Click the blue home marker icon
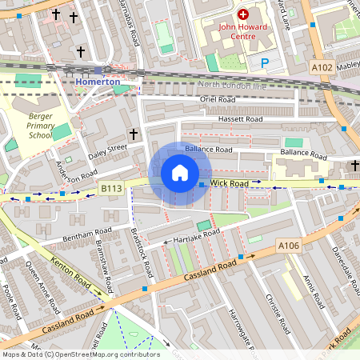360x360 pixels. [180, 173]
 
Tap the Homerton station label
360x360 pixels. [98, 82]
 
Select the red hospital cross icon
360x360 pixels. [242, 14]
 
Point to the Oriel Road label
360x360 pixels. [217, 99]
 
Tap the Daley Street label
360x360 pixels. [107, 150]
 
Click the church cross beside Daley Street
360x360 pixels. [134, 134]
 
